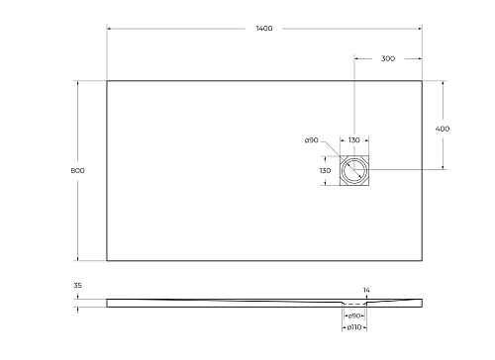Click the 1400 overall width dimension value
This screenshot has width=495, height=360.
pos(263,30)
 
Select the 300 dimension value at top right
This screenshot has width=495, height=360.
pos(388,59)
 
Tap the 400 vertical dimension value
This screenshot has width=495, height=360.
pos(443,129)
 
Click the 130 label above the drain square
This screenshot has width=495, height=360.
pos(353,140)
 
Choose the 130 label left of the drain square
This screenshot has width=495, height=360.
pos(325,171)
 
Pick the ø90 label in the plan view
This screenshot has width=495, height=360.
pos(311,140)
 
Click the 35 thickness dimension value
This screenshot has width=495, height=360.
pos(77,286)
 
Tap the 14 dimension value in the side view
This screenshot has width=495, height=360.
pos(366,290)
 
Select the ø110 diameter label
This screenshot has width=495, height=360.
pos(353,326)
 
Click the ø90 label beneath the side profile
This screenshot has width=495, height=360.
pos(353,315)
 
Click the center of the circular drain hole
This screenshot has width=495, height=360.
pos(354,171)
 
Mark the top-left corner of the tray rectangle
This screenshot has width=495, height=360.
pos(107,81)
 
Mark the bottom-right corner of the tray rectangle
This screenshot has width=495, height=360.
pos(422,261)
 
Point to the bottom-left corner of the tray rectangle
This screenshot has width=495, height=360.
pos(107,261)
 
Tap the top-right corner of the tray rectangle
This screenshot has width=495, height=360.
pos(422,81)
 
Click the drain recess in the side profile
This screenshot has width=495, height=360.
pos(354,304)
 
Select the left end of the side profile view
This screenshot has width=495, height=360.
pos(108,303)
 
